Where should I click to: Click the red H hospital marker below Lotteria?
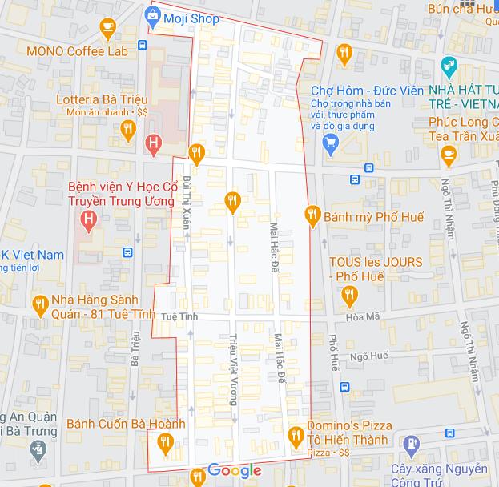(x=152, y=143)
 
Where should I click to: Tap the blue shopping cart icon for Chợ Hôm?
(x=329, y=143)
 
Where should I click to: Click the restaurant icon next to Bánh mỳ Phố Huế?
(x=313, y=215)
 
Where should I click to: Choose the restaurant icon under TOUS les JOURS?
(x=349, y=296)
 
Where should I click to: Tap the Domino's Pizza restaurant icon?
(x=295, y=436)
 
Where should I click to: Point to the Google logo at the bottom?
(x=235, y=470)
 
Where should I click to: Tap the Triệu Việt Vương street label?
(x=233, y=368)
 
